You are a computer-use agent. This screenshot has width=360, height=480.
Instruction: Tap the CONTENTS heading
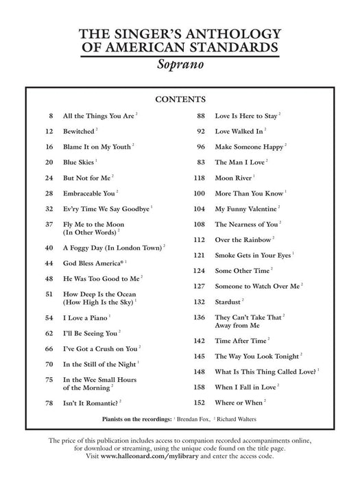pyautogui.click(x=180, y=99)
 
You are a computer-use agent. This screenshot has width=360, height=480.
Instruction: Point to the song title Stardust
pyautogui.click(x=228, y=301)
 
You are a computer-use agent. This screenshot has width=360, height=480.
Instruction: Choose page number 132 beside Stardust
pyautogui.click(x=200, y=301)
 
